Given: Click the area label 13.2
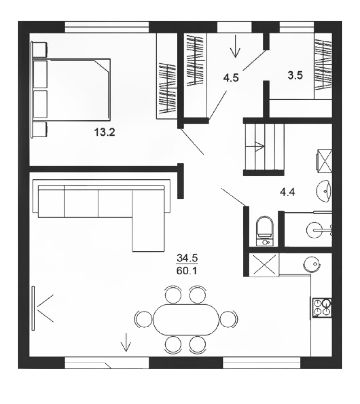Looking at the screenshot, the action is click(105, 133).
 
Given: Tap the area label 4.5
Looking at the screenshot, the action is click(231, 78).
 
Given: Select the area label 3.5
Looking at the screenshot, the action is click(295, 76).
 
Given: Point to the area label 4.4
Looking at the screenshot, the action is click(288, 192).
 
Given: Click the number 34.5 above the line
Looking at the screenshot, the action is click(187, 258).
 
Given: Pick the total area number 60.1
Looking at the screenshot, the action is click(187, 271).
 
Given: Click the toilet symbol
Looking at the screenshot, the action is click(265, 230).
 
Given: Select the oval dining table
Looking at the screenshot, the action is click(186, 319).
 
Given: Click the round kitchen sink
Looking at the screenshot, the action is click(312, 264).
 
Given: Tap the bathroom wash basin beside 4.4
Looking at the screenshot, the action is click(324, 191).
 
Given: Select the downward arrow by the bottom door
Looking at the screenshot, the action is click(126, 342).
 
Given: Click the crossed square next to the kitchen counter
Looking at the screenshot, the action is click(264, 265).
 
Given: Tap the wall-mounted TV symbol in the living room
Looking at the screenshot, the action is click(33, 308).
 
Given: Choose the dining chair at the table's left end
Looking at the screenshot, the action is click(143, 319).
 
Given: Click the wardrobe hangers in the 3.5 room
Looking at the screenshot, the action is click(323, 65).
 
